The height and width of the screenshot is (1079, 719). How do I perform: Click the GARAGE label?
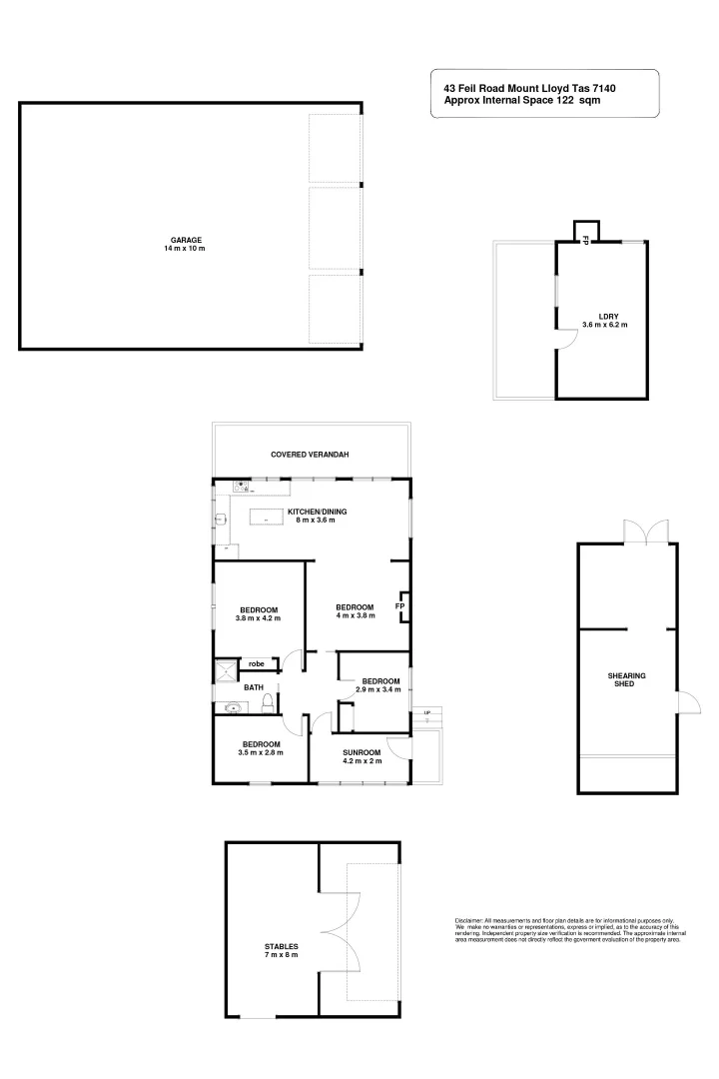point(186,240)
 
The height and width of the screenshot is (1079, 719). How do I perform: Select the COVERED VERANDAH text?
point(310,455)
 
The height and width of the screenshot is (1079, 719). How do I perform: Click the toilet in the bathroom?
point(267,704)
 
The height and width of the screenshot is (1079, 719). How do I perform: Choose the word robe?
point(257,663)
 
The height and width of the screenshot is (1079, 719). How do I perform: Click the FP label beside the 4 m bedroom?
point(399,606)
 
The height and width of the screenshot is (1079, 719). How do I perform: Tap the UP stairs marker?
point(427,712)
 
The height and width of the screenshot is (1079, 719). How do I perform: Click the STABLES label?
point(282,946)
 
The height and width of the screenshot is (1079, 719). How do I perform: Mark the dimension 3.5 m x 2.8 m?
point(261,752)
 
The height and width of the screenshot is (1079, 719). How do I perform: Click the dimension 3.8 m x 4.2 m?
point(258,618)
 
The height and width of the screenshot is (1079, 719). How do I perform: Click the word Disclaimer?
point(468,919)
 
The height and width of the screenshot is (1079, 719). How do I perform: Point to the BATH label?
point(254,687)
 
